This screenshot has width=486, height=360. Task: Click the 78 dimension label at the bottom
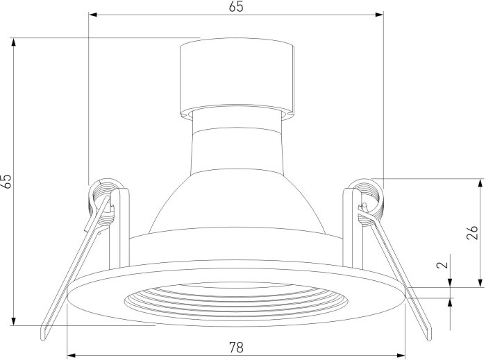point(236,348)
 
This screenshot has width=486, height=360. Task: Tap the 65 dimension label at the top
point(236,6)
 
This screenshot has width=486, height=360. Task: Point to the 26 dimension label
point(472,232)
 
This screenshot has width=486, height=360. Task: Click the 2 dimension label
point(443,265)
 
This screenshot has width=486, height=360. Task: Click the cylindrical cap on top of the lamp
point(237,78)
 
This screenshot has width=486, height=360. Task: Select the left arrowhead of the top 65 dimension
point(93,15)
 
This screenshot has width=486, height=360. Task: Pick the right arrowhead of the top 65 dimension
point(379,15)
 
